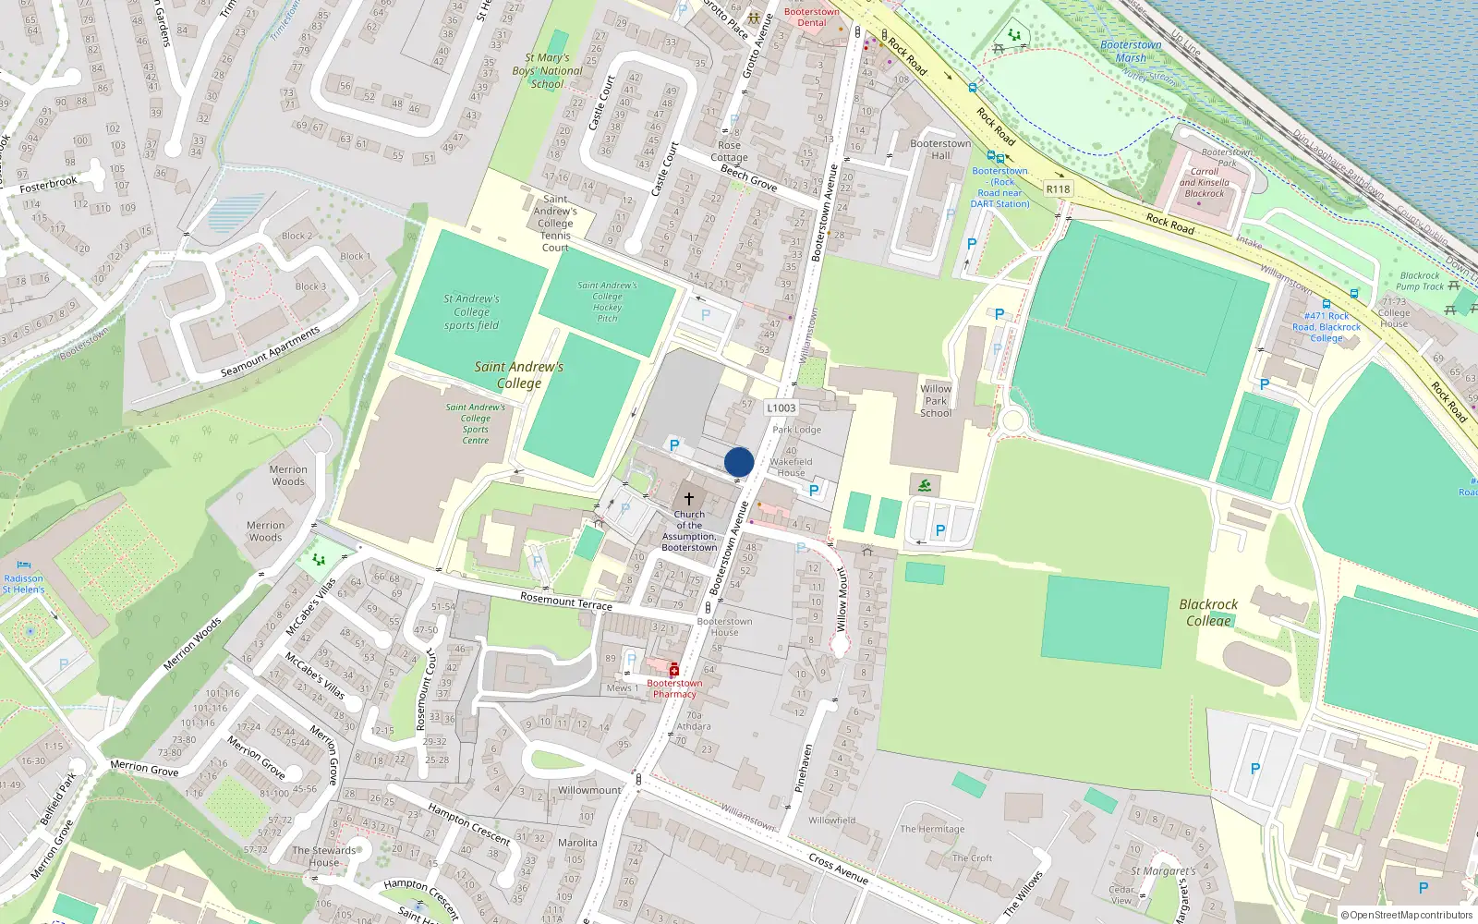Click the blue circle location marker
tap(739, 462)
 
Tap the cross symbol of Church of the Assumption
tap(689, 499)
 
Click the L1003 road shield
tap(781, 407)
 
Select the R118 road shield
tap(1058, 189)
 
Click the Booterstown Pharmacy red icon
tap(674, 670)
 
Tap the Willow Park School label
tap(936, 401)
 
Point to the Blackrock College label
tap(1208, 612)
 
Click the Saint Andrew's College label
tap(518, 374)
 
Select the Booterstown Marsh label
tap(1131, 51)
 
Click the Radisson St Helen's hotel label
tap(23, 583)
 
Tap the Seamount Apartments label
tap(270, 352)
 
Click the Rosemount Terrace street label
tap(565, 602)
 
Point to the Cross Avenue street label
tap(838, 868)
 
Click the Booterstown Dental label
tap(812, 18)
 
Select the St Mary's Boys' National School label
tap(548, 70)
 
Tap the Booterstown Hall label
tap(940, 149)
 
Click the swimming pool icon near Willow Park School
tap(925, 485)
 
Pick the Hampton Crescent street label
tap(468, 823)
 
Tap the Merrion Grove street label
tap(144, 767)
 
